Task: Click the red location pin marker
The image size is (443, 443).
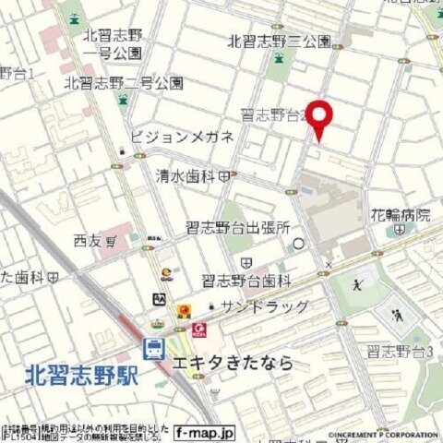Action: tap(318, 117)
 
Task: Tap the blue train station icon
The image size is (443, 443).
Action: tap(153, 349)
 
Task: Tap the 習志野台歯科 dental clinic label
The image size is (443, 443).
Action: tap(245, 280)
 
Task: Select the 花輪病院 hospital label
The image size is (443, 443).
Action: tap(401, 215)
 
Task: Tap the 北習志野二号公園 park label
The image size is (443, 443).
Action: tap(124, 83)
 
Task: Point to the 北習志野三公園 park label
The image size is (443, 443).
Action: tap(279, 42)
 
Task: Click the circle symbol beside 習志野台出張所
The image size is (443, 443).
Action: tap(298, 244)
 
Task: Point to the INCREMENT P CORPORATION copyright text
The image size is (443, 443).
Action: tap(383, 435)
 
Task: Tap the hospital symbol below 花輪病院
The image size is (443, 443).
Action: tap(400, 231)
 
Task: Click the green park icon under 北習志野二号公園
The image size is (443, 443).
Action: tap(123, 100)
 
